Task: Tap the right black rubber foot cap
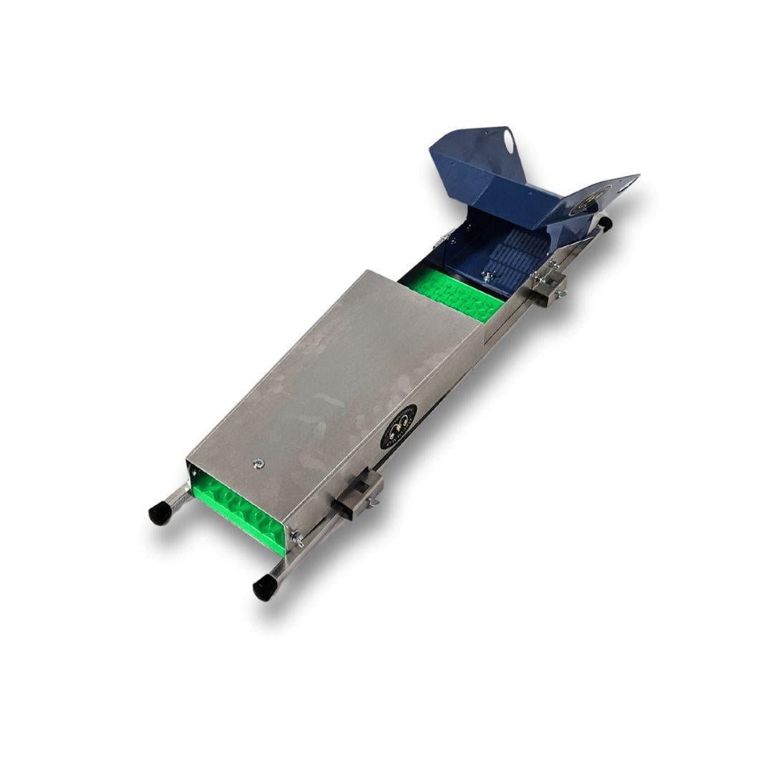(x=263, y=588)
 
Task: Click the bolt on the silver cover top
(x=257, y=465)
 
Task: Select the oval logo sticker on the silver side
(x=399, y=427)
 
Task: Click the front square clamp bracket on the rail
(x=358, y=492)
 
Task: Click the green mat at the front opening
(x=236, y=508)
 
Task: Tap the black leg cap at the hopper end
(x=606, y=223)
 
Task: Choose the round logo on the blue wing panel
(x=600, y=194)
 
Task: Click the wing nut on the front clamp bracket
(x=373, y=504)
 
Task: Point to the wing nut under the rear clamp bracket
(x=560, y=293)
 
